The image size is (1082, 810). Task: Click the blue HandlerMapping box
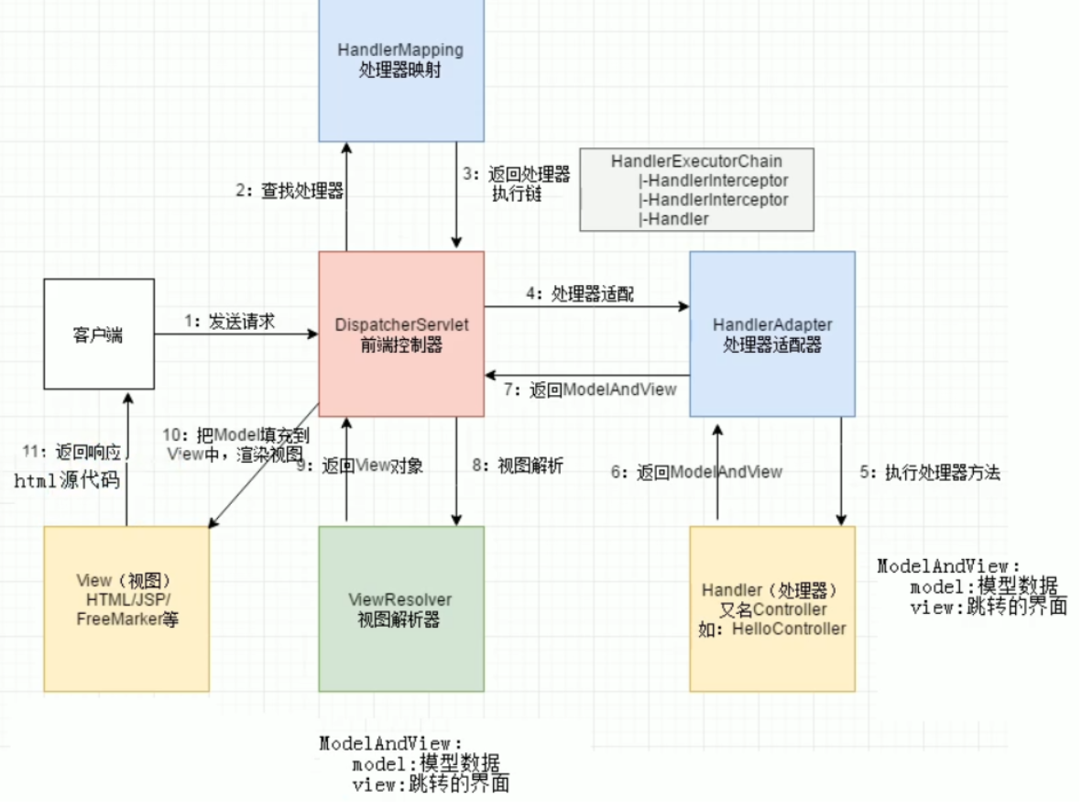[x=401, y=69]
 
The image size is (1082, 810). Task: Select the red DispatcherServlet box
[x=401, y=334]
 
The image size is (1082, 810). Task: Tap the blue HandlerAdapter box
[x=771, y=334]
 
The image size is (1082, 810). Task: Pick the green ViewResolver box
[x=401, y=608]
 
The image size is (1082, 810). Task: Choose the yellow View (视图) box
[x=126, y=608]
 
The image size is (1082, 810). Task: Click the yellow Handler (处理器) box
[x=771, y=608]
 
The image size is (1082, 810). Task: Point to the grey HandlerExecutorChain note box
[x=696, y=189]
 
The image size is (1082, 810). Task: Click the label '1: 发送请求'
[x=229, y=322]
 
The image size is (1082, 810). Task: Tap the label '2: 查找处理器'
[x=289, y=191]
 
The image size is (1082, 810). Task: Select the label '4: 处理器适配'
[x=579, y=294]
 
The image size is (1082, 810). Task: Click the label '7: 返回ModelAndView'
[x=590, y=389]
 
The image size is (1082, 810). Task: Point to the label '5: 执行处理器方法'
[x=929, y=473]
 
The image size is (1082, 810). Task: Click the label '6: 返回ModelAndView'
[x=696, y=471]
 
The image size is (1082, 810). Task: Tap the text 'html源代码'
[x=66, y=480]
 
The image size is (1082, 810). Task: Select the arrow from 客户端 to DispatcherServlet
[x=235, y=335]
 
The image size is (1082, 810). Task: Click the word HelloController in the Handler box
[x=789, y=629]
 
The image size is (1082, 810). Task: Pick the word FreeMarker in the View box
[x=108, y=619]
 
